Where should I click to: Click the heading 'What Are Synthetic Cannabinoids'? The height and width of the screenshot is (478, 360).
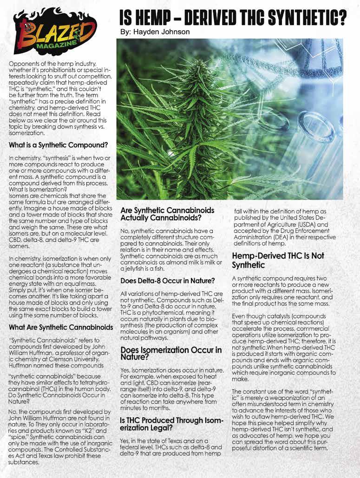click(61, 327)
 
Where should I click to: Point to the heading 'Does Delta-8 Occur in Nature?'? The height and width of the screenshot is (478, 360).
click(168, 281)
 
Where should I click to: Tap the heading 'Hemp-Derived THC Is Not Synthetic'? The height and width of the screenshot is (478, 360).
click(278, 260)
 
